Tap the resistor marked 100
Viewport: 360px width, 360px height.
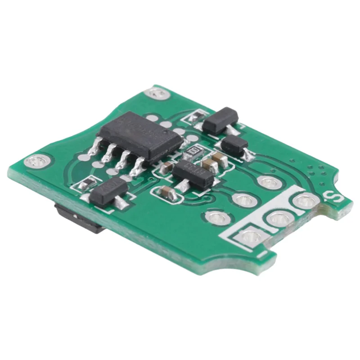[x=194, y=150]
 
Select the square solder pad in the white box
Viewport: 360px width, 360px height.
[x=250, y=236]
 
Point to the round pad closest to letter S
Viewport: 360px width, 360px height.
[x=306, y=201]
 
